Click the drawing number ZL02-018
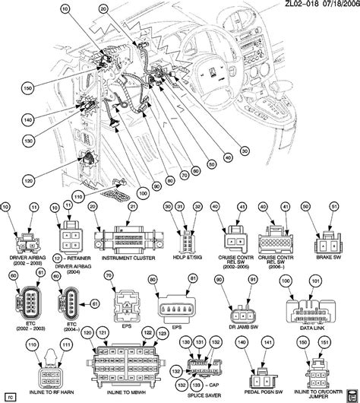291,5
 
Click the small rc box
10,395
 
